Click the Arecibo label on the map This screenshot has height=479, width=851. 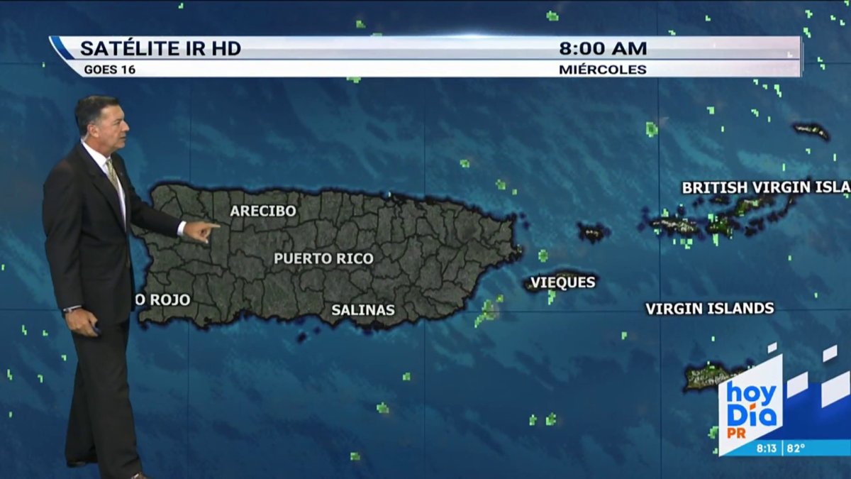coord(263,211)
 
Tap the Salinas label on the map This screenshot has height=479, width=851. coord(363,310)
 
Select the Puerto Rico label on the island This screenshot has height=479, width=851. coord(323,258)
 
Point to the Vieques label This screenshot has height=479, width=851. coord(563,282)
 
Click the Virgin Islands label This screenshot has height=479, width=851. coord(709,309)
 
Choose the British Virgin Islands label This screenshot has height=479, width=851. coord(765,187)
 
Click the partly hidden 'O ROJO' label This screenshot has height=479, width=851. coord(162,300)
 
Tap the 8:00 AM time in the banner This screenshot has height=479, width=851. coord(603,48)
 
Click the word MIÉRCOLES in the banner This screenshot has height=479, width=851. coord(602,70)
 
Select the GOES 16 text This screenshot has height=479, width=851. coord(109,70)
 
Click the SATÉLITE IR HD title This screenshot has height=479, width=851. coord(160,48)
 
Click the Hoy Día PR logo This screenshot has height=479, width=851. coord(752,404)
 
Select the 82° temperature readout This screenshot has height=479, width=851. coord(795,448)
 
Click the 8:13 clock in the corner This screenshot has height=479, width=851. coord(766,448)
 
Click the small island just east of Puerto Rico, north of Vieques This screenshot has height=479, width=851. coord(592,231)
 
